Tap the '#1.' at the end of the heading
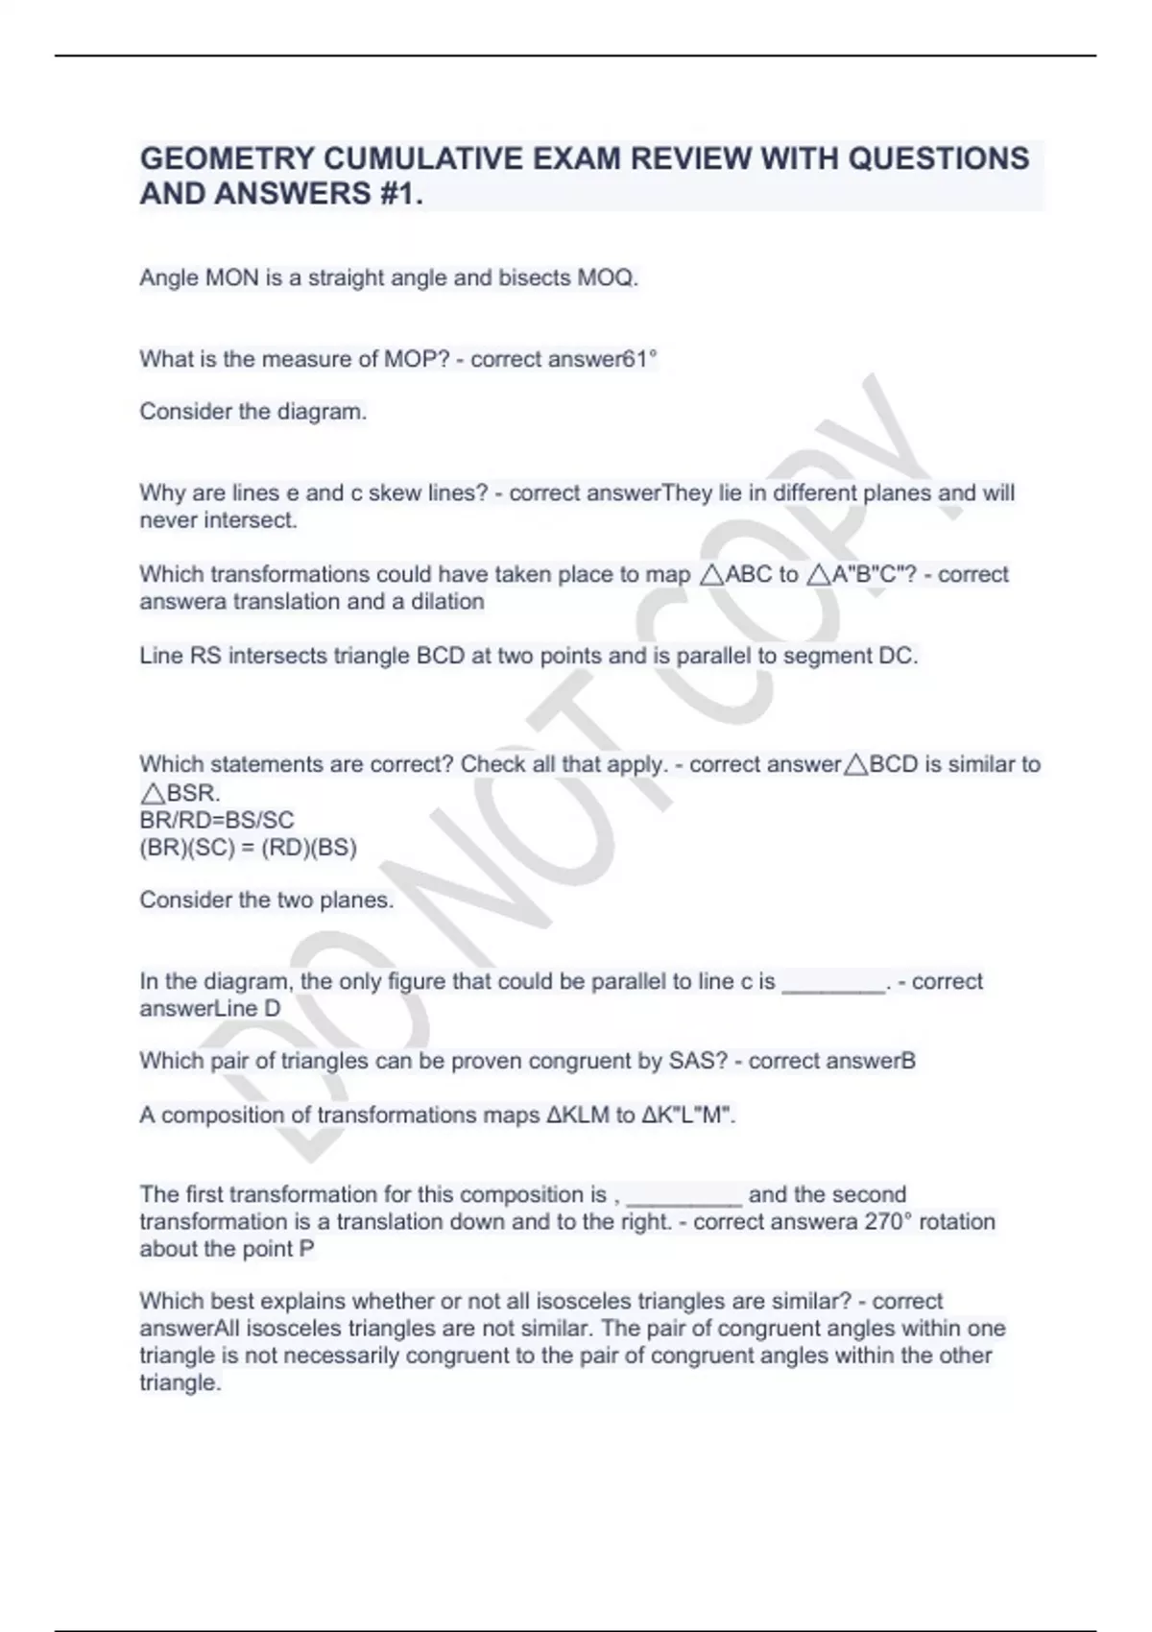click(x=396, y=194)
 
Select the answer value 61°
click(x=640, y=359)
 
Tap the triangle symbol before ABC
click(x=710, y=575)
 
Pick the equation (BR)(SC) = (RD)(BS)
click(x=248, y=848)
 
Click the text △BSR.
click(x=180, y=794)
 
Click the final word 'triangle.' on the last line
click(x=180, y=1383)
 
